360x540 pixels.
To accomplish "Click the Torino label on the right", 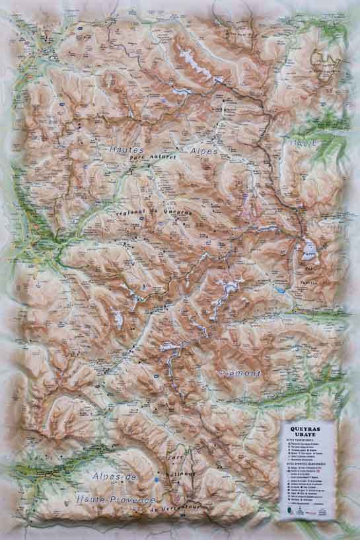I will tap(310, 282).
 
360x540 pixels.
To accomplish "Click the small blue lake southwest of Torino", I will tap(282, 290).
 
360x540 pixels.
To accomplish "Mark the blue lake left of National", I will tap(156, 479).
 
